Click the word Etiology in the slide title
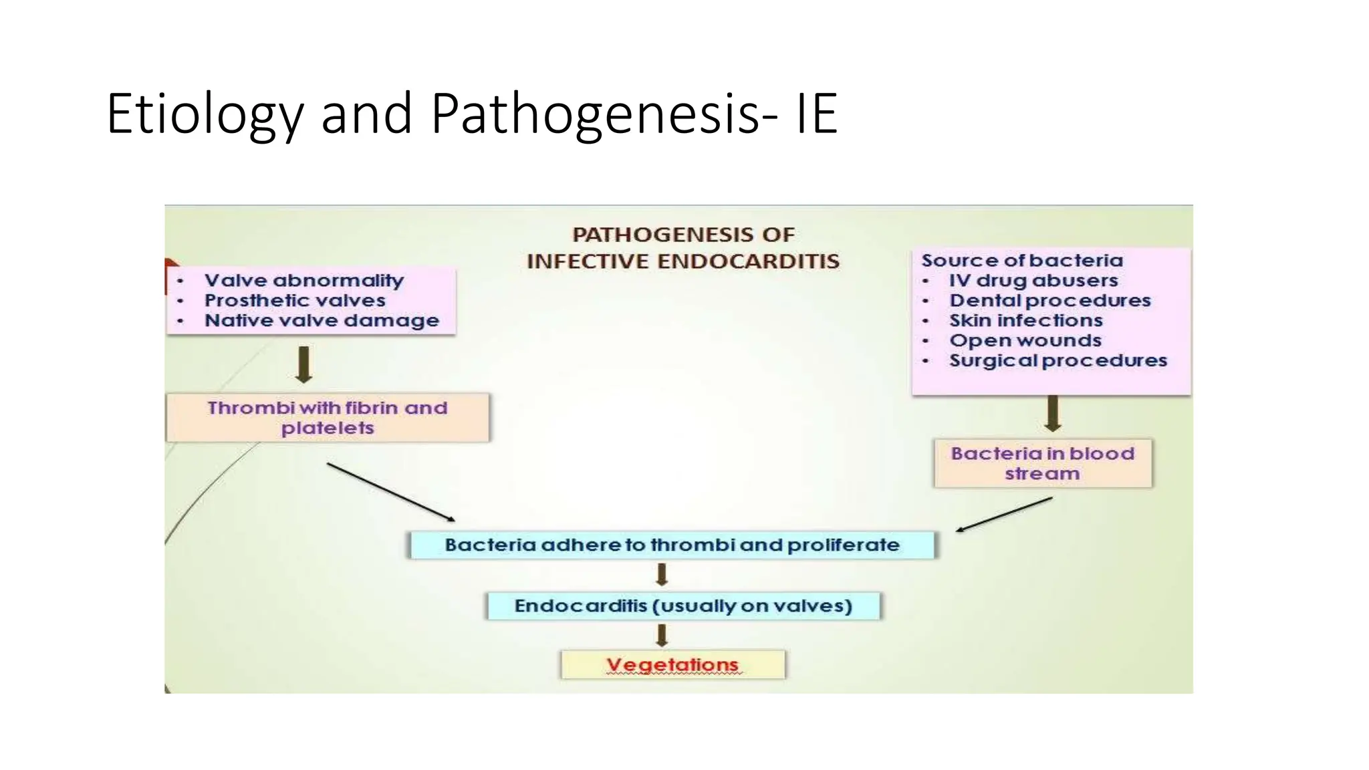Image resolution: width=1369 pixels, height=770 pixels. tap(205, 114)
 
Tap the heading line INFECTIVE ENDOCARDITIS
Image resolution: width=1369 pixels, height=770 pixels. tap(682, 261)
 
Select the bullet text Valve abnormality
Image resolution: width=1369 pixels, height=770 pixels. tap(304, 280)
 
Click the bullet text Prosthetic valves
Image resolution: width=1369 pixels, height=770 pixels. tap(295, 300)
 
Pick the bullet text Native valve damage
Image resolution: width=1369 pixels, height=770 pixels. tap(322, 320)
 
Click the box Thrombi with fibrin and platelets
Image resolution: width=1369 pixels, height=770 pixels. tap(327, 418)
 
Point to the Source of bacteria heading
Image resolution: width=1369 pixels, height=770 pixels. tap(1022, 260)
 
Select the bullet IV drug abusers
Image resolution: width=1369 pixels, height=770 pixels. tap(1033, 280)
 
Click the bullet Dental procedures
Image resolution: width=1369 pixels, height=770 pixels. tap(1050, 300)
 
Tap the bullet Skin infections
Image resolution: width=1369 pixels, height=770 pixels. tap(1026, 320)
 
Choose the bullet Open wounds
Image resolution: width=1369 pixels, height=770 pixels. tap(1025, 340)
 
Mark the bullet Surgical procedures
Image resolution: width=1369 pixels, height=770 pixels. tap(1058, 360)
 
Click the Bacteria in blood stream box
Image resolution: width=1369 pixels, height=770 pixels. tap(1043, 463)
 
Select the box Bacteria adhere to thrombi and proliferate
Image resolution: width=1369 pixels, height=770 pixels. tap(672, 545)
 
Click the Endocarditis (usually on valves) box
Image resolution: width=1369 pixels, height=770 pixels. tap(683, 606)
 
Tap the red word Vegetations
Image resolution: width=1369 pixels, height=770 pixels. tap(672, 664)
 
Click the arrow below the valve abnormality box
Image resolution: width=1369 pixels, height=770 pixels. tap(304, 364)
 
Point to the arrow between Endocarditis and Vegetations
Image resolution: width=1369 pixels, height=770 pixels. tap(662, 635)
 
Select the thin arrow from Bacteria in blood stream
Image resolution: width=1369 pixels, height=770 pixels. tap(1004, 515)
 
